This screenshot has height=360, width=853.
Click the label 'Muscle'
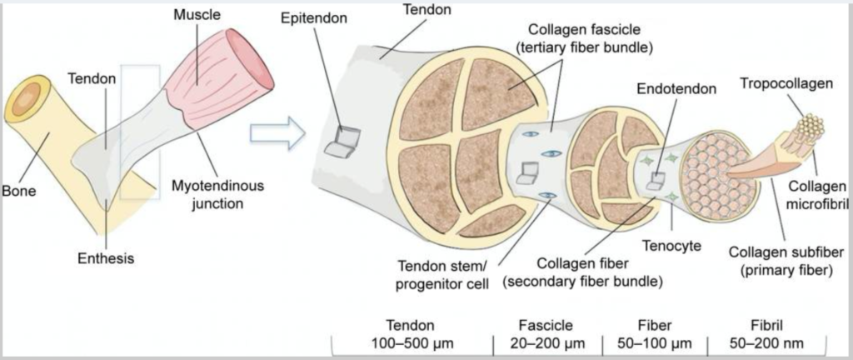tap(198, 14)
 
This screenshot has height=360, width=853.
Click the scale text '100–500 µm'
tap(409, 343)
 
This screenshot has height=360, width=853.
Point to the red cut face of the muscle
tap(260, 67)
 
